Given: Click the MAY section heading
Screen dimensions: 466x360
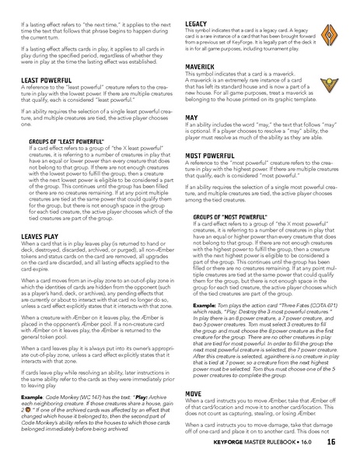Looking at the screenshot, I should point(192,117).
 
